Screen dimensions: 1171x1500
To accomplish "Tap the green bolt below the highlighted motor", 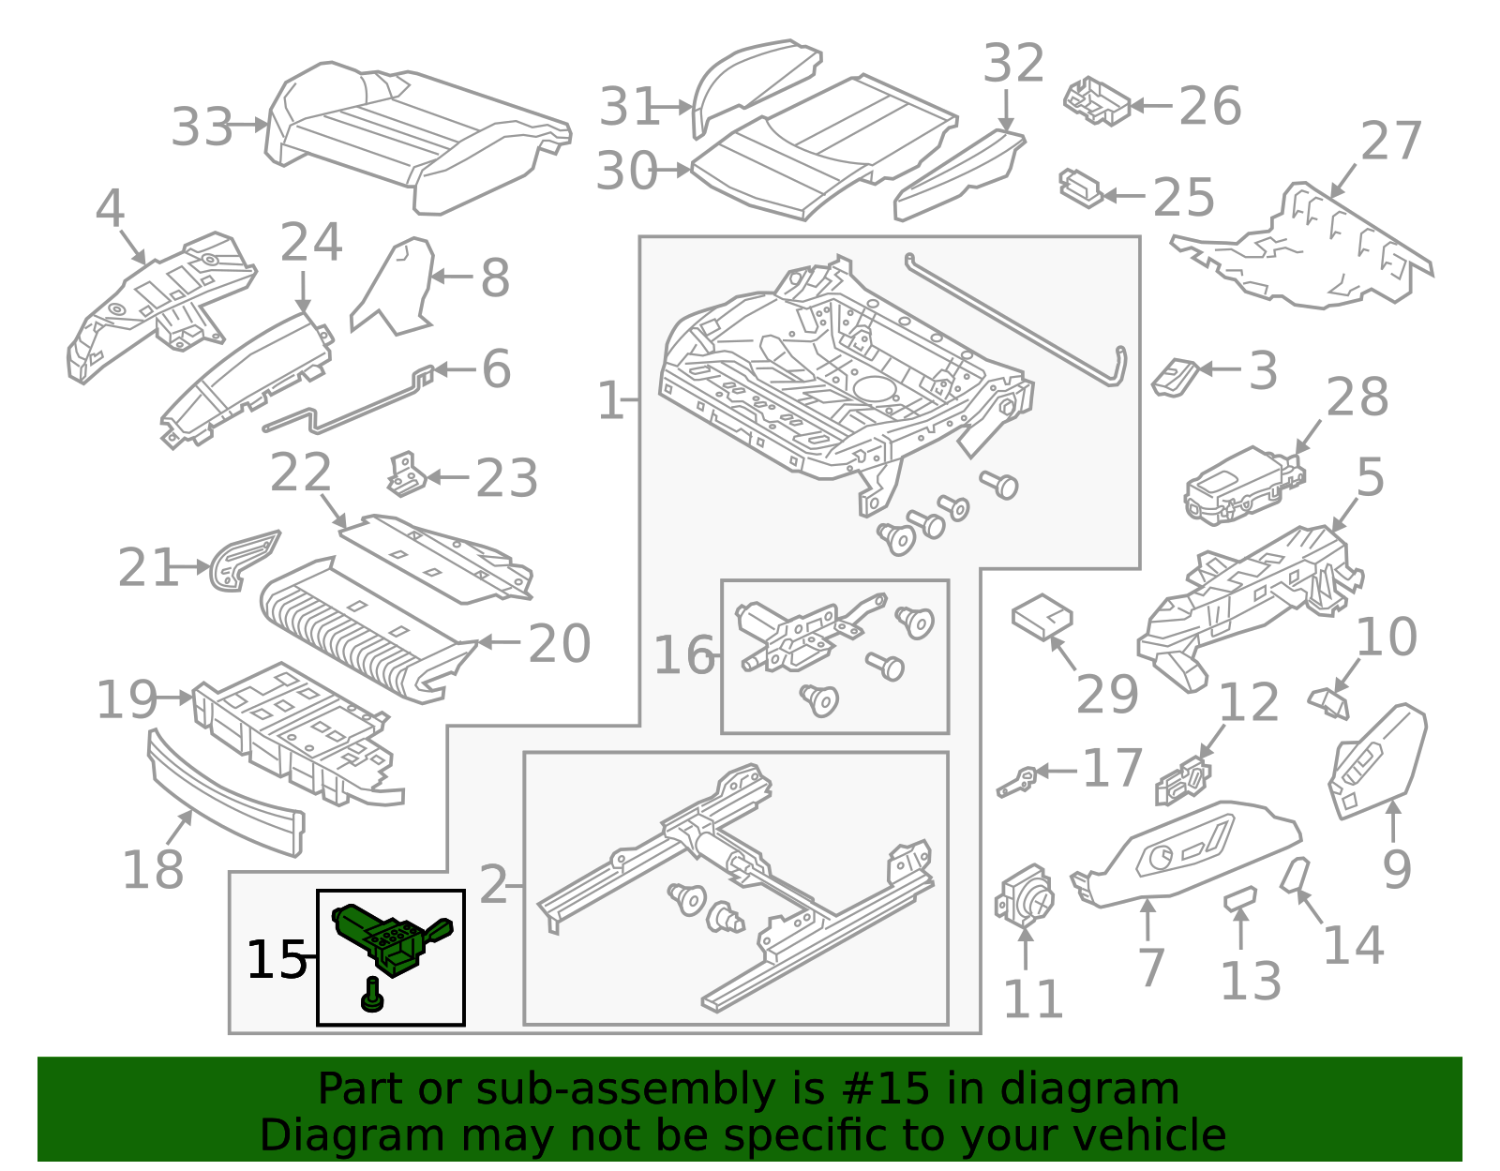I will point(372,996).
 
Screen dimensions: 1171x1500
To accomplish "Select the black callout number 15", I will point(276,960).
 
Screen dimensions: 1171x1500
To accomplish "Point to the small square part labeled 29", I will point(1042,616).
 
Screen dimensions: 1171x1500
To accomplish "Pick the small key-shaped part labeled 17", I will point(1016,780).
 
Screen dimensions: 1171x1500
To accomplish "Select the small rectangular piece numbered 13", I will point(1239,898).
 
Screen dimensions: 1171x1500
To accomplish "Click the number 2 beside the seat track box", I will point(493,885).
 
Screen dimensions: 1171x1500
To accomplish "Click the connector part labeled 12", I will point(1183,781).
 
